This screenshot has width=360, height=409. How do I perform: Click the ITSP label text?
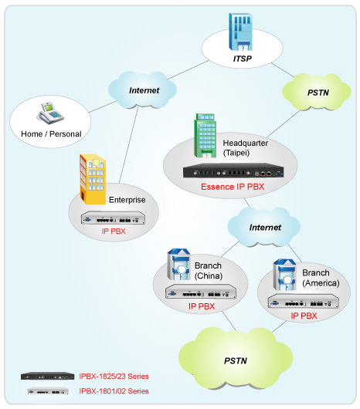click(243, 59)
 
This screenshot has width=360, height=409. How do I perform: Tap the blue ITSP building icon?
click(240, 32)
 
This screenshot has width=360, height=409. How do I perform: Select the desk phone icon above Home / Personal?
click(50, 113)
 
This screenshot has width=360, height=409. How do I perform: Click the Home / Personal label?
click(51, 134)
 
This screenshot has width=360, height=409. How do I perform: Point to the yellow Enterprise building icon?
click(93, 179)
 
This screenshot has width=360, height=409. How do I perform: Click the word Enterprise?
click(127, 200)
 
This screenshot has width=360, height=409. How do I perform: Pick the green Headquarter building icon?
click(205, 136)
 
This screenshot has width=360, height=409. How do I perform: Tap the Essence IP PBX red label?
click(233, 187)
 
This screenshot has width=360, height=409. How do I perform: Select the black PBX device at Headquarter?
click(233, 171)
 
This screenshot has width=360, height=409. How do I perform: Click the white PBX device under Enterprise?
click(113, 218)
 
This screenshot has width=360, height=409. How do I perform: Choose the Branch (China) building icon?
click(178, 265)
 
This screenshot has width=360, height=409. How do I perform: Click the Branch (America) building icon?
click(285, 275)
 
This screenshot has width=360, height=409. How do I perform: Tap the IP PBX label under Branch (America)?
click(304, 316)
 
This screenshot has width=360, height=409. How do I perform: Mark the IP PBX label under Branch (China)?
click(202, 306)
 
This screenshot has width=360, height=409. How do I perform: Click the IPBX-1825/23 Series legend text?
click(114, 376)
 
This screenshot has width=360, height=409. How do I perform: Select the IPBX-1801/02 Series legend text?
click(114, 391)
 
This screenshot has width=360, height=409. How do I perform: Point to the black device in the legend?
click(48, 376)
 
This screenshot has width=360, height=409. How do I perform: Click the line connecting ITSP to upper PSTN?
click(283, 70)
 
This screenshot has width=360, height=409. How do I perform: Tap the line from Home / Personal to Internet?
click(103, 106)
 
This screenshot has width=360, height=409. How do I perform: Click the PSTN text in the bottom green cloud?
click(236, 360)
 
